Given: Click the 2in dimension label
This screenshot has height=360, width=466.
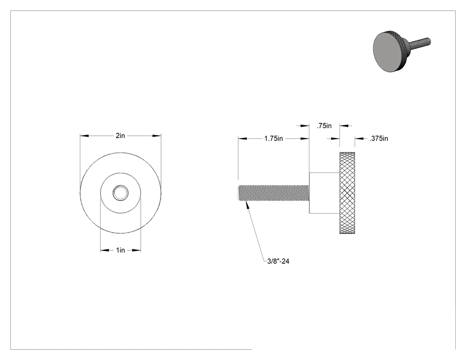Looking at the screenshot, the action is coord(120,135).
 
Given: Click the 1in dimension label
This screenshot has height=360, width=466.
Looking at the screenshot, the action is coord(120,250).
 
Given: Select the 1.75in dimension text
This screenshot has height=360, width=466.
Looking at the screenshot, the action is coord(274,138).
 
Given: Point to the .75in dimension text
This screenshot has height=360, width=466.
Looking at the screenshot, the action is coord(324,126).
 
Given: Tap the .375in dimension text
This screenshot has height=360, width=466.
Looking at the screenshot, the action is coord(379,138).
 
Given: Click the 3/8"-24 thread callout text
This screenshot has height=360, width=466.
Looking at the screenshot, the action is coord(278,261).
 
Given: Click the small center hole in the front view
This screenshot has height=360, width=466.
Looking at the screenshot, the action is coord(121,193).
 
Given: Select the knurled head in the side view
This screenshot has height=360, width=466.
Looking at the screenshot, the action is coord(347,193).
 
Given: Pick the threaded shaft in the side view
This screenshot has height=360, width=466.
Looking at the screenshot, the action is coord(274,193).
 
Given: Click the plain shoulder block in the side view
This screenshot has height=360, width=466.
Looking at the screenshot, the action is coord(324,193).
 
